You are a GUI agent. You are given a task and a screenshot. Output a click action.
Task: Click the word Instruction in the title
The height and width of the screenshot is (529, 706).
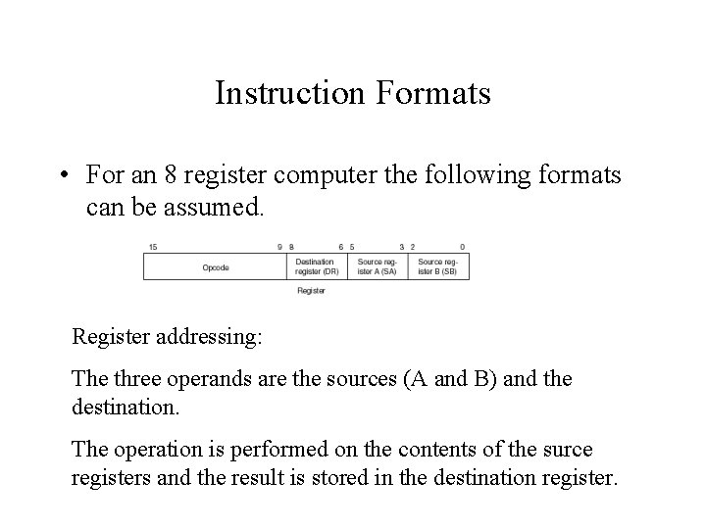(290, 94)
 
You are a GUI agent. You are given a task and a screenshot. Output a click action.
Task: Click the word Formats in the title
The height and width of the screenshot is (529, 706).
(432, 94)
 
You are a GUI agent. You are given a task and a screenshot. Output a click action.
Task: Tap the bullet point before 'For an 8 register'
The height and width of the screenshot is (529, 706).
(62, 175)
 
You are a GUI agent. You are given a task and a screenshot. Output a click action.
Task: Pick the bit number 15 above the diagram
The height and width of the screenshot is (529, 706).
(153, 246)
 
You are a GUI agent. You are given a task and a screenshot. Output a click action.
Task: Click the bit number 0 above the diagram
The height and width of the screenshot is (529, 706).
(462, 246)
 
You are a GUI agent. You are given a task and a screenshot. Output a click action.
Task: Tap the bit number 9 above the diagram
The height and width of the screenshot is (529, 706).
(280, 246)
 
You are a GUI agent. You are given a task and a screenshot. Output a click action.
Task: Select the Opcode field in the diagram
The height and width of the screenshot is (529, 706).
(216, 266)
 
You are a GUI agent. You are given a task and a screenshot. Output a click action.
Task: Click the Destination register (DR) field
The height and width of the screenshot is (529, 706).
(316, 266)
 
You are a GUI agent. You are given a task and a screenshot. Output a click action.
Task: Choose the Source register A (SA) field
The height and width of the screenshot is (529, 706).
(378, 266)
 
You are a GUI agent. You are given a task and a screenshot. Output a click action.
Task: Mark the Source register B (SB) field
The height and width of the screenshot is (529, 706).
(437, 266)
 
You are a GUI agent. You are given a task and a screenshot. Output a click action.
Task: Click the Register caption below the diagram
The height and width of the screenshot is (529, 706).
(311, 291)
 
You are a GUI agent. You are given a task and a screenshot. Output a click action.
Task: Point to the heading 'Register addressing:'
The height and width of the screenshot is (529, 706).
(167, 337)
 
